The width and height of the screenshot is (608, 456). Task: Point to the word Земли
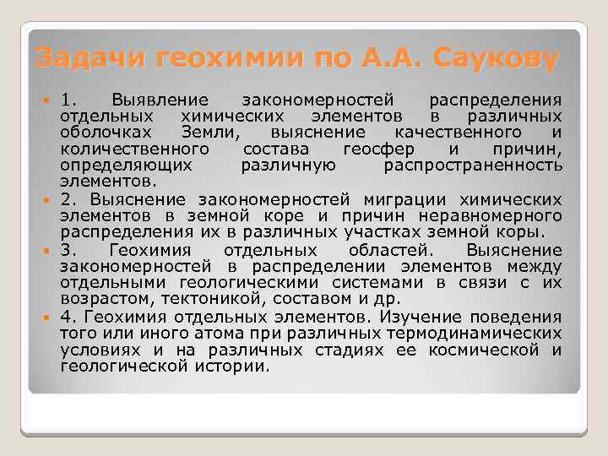click(210, 133)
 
